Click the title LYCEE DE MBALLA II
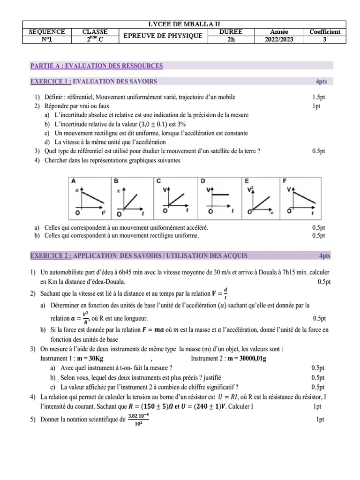(184, 24)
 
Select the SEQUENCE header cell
(47, 32)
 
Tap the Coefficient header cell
(325, 32)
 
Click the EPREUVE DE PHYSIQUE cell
(162, 36)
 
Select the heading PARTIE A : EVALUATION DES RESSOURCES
(97, 66)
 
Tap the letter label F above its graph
(285, 180)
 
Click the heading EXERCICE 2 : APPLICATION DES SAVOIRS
(139, 256)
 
